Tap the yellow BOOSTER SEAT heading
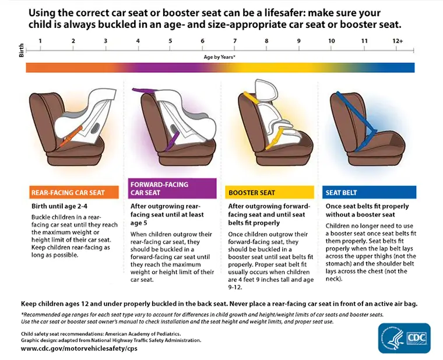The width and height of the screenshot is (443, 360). [x=252, y=193]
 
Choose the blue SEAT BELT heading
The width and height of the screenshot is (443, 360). [x=342, y=193]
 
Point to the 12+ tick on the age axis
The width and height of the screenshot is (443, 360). [x=398, y=41]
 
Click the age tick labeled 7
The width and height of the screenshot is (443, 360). [x=234, y=41]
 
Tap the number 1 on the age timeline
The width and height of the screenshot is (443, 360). [x=40, y=41]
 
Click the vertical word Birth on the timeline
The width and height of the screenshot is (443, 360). [x=22, y=50]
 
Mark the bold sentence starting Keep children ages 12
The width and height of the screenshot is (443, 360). [x=219, y=304]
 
